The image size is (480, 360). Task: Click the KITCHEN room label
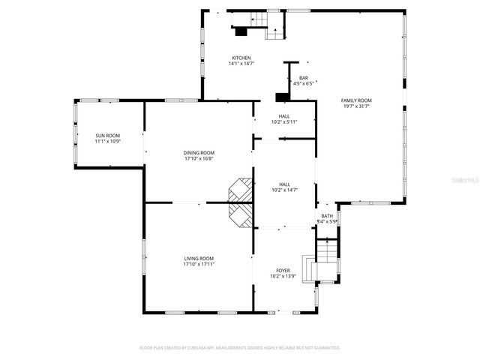[241, 58]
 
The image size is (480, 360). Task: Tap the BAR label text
[304, 78]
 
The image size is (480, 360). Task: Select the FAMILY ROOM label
[357, 100]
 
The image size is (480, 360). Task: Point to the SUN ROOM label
[107, 136]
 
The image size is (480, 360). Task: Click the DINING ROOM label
[199, 152]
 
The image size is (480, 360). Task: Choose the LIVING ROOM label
[199, 259]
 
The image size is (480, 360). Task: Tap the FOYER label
[283, 270]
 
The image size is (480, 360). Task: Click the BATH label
[327, 216]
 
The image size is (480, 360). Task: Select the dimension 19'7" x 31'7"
[357, 106]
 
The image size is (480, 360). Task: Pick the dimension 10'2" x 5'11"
[284, 121]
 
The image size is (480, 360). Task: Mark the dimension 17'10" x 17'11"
[199, 265]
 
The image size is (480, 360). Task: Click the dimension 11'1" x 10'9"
[107, 142]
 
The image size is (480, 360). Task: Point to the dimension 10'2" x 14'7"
[284, 190]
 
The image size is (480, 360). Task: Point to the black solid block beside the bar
[282, 97]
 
